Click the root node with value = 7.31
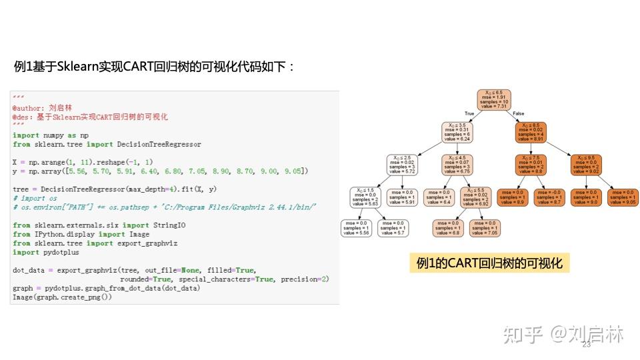click(x=493, y=99)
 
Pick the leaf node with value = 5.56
click(x=355, y=227)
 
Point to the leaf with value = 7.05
click(x=485, y=227)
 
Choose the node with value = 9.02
click(x=586, y=164)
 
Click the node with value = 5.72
click(x=401, y=164)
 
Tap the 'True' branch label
click(x=469, y=114)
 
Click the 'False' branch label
click(x=519, y=114)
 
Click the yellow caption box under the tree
click(x=489, y=263)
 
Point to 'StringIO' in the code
click(x=170, y=225)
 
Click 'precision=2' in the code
click(x=304, y=279)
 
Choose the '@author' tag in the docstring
click(x=27, y=108)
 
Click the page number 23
click(x=587, y=345)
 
